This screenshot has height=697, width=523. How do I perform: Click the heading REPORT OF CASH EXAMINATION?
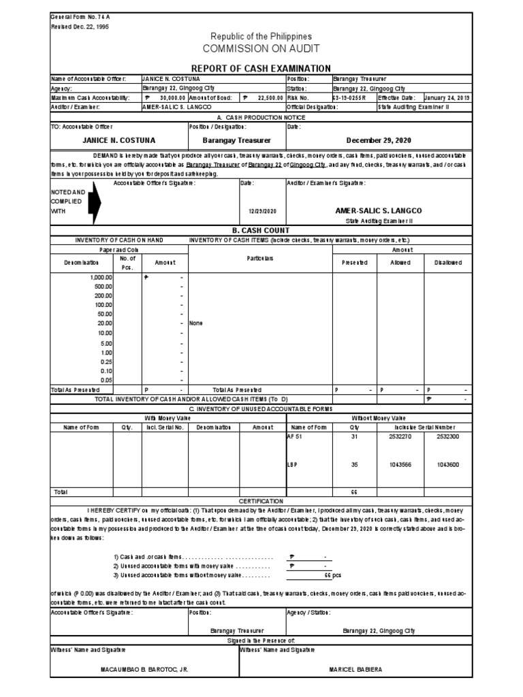(x=261, y=68)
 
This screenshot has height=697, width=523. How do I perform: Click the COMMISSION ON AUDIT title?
(x=261, y=49)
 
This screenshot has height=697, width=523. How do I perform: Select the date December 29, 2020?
(x=379, y=140)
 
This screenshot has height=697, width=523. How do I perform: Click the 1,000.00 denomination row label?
(x=101, y=278)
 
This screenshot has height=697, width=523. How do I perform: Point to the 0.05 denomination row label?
(x=106, y=379)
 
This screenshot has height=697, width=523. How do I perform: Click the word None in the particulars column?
(x=196, y=323)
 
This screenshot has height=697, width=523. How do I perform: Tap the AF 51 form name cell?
(x=294, y=437)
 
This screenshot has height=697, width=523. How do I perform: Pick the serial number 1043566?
(x=400, y=464)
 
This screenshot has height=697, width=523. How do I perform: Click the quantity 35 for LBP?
(x=353, y=464)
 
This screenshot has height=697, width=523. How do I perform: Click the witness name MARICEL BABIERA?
(x=355, y=669)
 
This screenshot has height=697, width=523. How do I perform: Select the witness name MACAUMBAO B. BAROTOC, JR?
(x=144, y=669)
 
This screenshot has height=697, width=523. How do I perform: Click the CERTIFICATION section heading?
(x=261, y=500)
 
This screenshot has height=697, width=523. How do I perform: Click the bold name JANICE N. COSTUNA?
(x=118, y=140)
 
